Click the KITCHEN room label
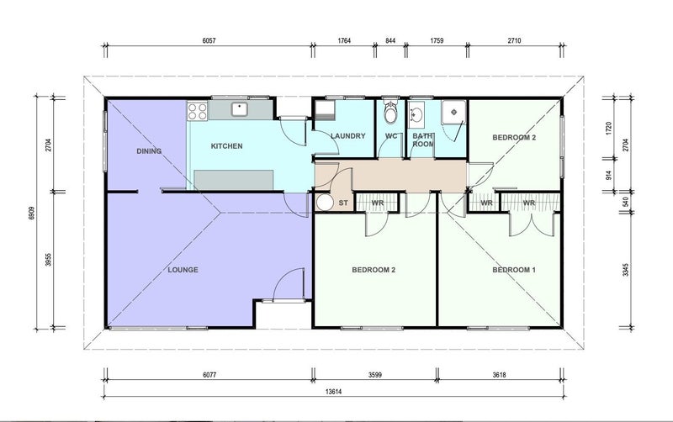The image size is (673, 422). click(x=226, y=146)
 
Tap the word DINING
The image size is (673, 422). click(x=149, y=151)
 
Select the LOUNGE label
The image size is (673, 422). click(x=183, y=270)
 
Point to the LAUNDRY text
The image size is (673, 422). click(x=348, y=136)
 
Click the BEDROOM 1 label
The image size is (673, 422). click(x=514, y=270)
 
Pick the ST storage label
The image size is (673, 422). click(x=343, y=203)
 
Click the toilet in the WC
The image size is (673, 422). click(x=390, y=113)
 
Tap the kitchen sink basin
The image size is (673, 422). click(x=239, y=109)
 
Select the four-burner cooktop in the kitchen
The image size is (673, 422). click(x=197, y=111)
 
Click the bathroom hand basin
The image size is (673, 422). click(x=416, y=114)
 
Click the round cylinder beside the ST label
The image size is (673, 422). click(x=325, y=203)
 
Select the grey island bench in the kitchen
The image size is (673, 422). click(x=234, y=180)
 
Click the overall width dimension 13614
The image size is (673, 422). click(x=333, y=392)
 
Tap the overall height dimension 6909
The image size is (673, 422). click(x=31, y=214)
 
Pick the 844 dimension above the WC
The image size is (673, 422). click(x=390, y=40)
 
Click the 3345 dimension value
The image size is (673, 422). click(x=625, y=270)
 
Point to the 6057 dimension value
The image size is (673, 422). click(x=209, y=40)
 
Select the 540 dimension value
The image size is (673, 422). click(x=625, y=201)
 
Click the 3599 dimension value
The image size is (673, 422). click(x=374, y=375)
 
